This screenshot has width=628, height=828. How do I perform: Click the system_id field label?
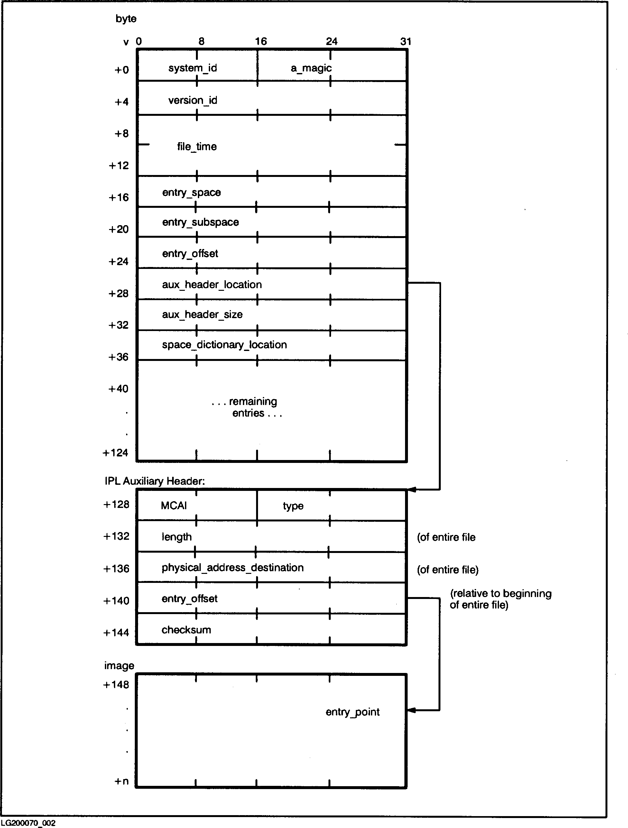[x=192, y=68]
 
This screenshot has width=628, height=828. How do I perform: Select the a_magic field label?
[x=311, y=68]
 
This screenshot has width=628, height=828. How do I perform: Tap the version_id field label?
[x=192, y=100]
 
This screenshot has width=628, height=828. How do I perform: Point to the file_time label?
[x=197, y=146]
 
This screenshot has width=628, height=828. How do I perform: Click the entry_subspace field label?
[x=200, y=222]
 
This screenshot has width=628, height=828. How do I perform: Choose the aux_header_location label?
[x=212, y=284]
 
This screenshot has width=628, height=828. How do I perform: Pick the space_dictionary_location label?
[x=224, y=345]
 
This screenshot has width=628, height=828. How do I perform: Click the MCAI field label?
[x=174, y=506]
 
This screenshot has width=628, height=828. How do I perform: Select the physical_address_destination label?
[x=233, y=568]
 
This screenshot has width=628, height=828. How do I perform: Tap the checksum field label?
[x=186, y=630]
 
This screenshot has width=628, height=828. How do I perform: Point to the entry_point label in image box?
[x=352, y=712]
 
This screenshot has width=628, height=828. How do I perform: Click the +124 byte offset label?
[x=115, y=453]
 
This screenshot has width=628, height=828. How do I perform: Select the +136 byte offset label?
[x=116, y=569]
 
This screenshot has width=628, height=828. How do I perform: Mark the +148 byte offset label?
[x=116, y=685]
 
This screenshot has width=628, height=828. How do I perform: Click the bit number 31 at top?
[x=406, y=41]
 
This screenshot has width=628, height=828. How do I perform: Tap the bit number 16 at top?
[x=261, y=41]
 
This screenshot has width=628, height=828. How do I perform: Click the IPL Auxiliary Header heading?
[x=155, y=481]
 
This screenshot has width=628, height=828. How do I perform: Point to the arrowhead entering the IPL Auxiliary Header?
[x=411, y=490]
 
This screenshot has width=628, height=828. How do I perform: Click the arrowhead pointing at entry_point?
[x=411, y=711]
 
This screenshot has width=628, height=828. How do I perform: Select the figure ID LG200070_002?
[x=28, y=823]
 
